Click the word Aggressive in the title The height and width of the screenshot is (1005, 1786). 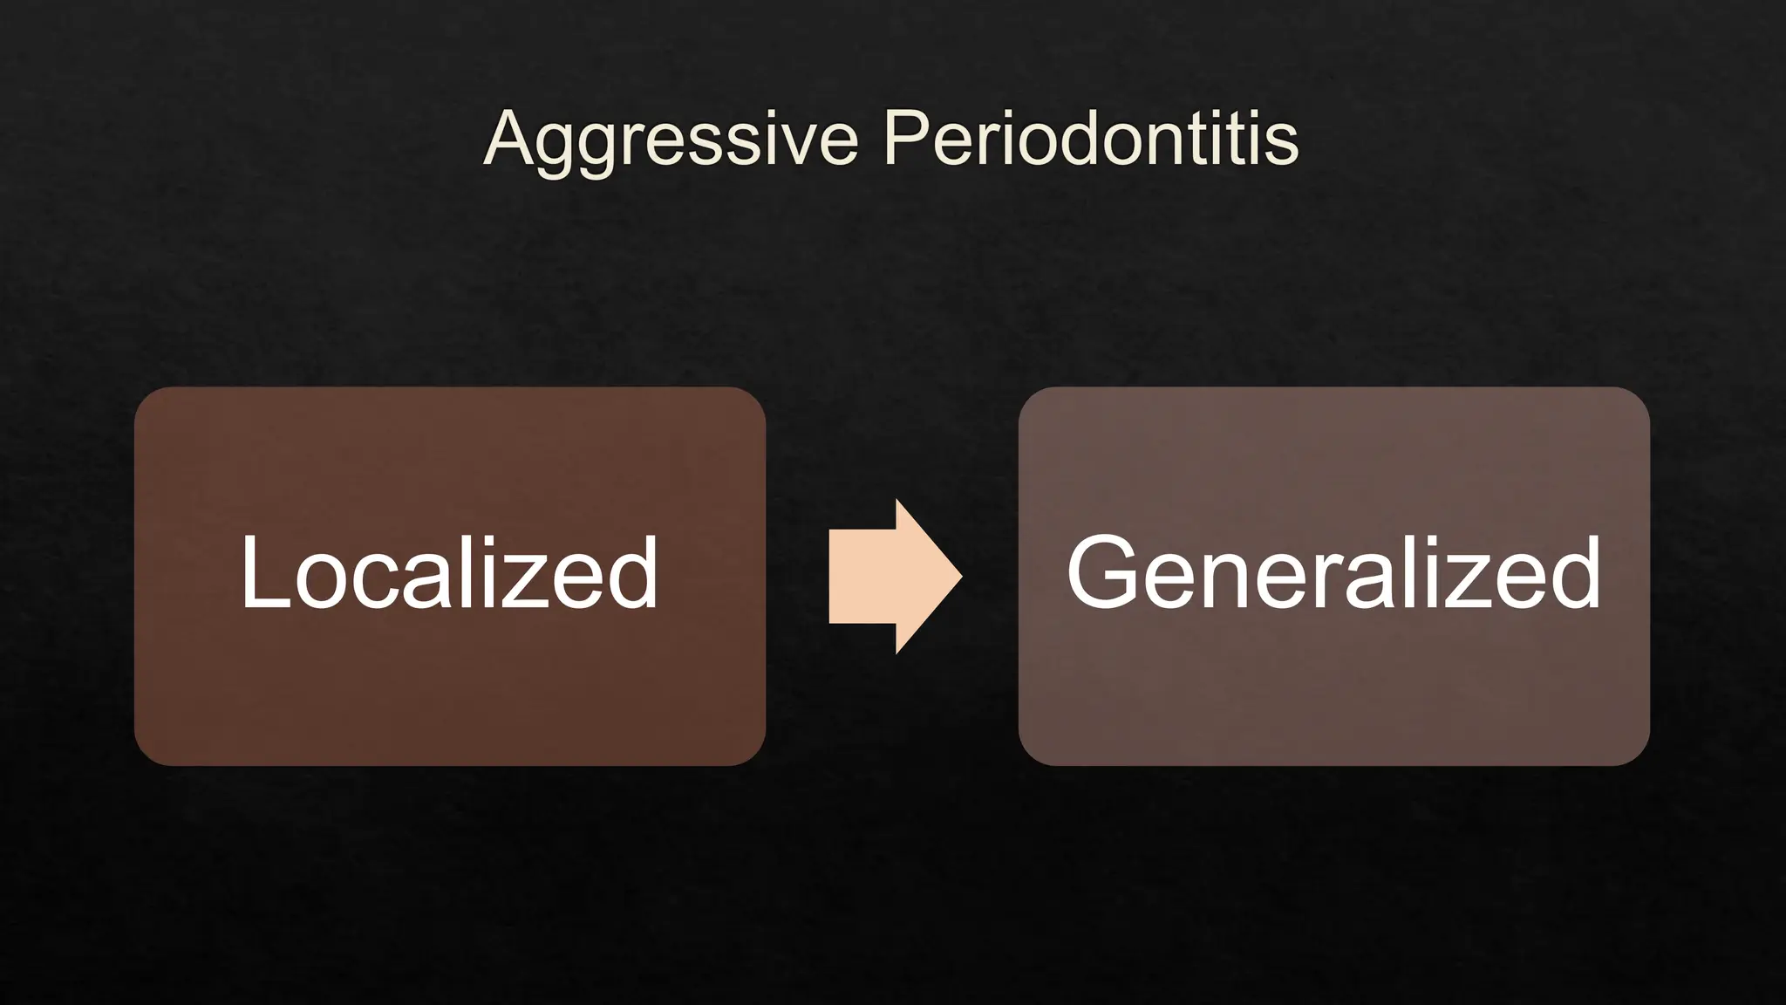pyautogui.click(x=671, y=140)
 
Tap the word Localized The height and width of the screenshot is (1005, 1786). pyautogui.click(x=449, y=573)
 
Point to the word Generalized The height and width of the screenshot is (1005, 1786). pyautogui.click(x=1333, y=573)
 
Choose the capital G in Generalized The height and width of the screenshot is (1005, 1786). pyautogui.click(x=1102, y=572)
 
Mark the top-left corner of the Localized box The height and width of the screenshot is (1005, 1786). pyautogui.click(x=142, y=394)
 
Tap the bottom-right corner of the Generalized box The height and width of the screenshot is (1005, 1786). pyautogui.click(x=1642, y=758)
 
